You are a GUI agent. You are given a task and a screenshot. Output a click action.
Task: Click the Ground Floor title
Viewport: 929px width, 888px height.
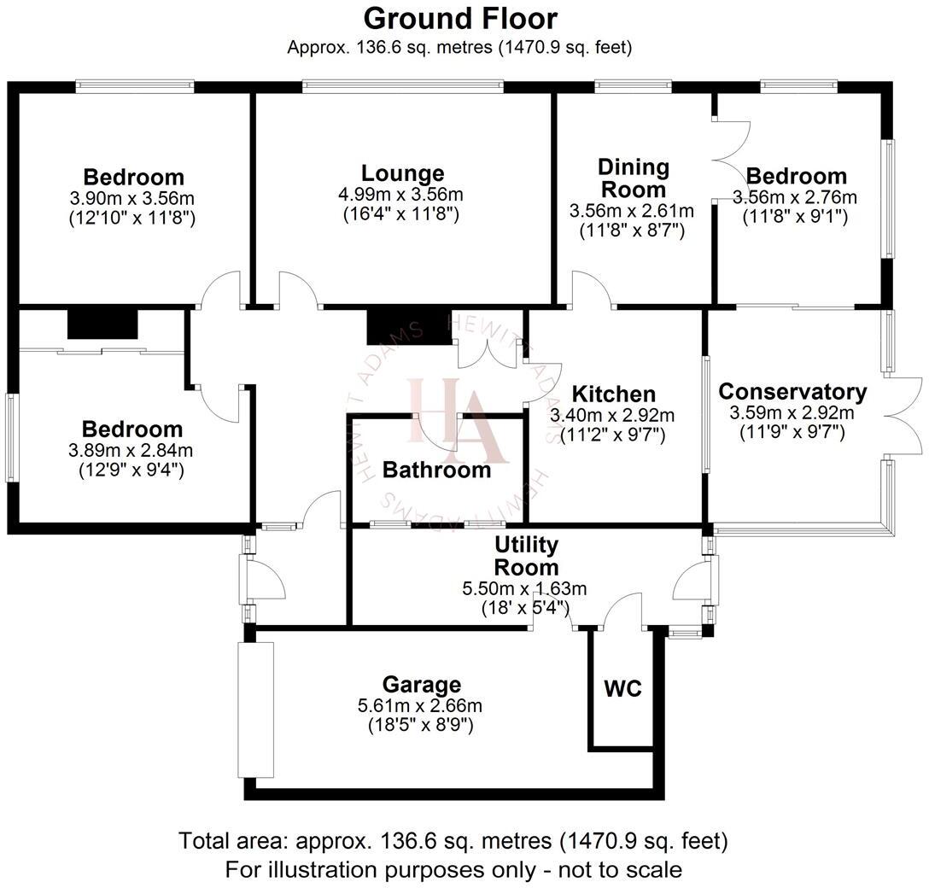(460, 18)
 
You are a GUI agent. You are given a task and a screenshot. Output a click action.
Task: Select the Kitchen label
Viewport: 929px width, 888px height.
(613, 394)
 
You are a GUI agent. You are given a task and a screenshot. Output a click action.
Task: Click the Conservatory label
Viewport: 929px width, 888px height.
(792, 392)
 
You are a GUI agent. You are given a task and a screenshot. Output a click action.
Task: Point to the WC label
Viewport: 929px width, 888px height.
(622, 688)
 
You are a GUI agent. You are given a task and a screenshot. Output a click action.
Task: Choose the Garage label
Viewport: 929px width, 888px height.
(421, 684)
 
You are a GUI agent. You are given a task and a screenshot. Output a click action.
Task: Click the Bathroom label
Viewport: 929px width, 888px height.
(436, 469)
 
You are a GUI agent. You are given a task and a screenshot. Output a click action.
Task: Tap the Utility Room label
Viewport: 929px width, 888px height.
(527, 556)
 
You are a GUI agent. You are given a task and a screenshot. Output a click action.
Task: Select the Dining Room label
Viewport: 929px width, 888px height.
(633, 178)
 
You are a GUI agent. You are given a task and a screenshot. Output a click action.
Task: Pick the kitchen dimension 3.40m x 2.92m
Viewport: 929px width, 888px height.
(612, 416)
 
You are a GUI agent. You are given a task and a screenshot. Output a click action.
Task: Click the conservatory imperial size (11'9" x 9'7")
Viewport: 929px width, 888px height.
(792, 433)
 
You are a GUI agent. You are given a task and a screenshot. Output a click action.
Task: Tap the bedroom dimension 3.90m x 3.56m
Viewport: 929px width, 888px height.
(132, 198)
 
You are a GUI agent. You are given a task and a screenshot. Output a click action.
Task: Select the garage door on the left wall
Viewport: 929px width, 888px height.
(256, 710)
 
